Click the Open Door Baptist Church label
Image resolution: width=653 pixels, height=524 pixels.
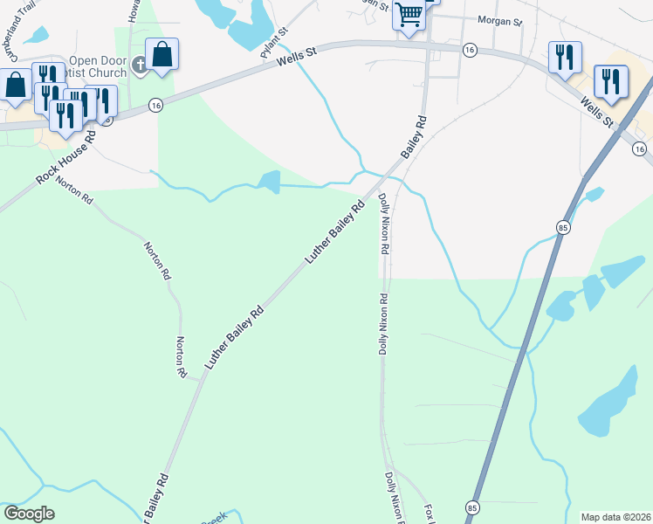tap(98, 66)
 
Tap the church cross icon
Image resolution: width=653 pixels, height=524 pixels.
tap(138, 65)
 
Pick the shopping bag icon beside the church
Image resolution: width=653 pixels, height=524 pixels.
tap(162, 55)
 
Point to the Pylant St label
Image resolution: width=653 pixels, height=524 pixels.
tap(273, 43)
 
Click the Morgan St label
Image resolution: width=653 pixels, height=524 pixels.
tap(498, 19)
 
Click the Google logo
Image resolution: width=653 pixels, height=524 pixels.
tap(29, 514)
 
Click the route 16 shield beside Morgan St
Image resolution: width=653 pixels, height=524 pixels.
tap(471, 51)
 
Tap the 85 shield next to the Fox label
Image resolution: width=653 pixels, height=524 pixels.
tap(472, 507)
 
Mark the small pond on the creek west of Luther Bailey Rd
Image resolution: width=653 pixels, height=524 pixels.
tap(269, 182)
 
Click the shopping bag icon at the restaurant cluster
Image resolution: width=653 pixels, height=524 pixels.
tap(16, 86)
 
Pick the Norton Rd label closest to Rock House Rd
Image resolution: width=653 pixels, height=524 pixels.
tap(74, 187)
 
